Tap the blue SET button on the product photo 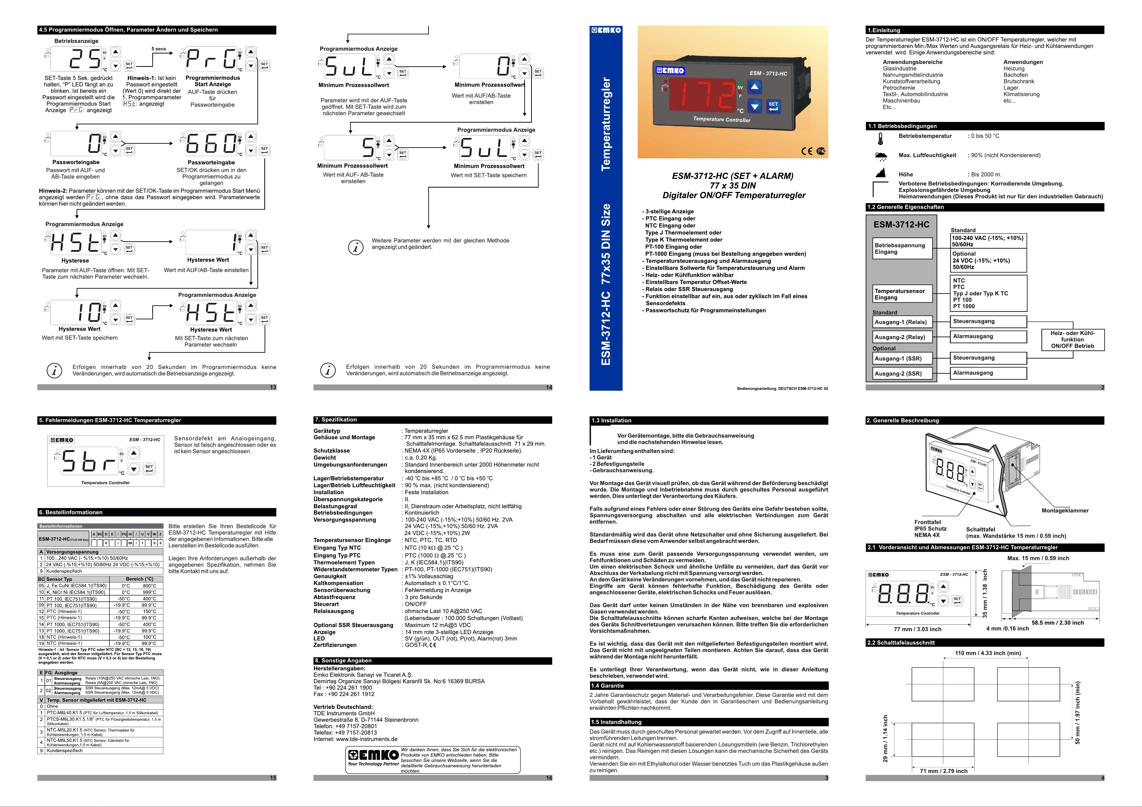coord(773,106)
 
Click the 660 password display coord(211,144)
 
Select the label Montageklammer coord(1065,510)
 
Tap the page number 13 coord(273,387)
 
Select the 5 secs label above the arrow coord(159,49)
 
